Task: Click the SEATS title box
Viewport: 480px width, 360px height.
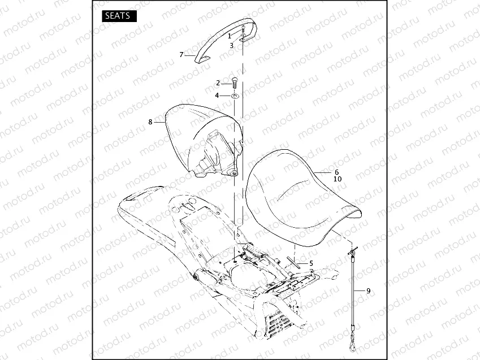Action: point(119,16)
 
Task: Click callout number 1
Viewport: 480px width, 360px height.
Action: point(230,35)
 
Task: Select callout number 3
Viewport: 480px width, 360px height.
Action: point(231,45)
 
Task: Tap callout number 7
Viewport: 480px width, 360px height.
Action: point(181,55)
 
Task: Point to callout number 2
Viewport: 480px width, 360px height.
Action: point(218,83)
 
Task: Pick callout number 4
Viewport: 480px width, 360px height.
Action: point(218,95)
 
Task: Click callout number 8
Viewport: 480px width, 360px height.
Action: point(150,122)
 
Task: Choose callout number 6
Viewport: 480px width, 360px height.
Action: point(336,172)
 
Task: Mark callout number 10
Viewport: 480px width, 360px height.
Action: point(338,179)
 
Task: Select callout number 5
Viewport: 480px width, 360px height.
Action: point(310,263)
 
